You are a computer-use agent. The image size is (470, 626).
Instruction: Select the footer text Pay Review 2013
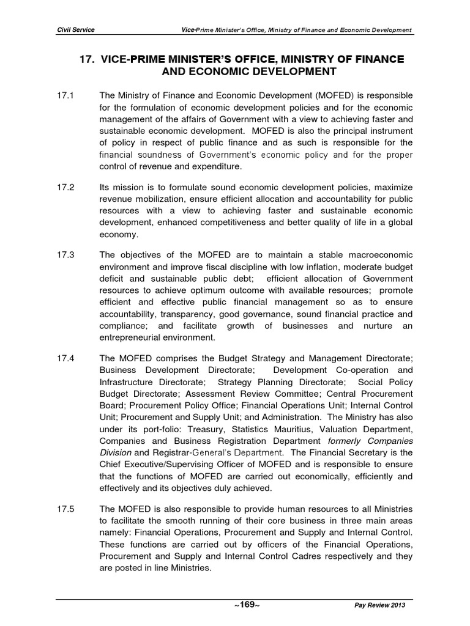379,605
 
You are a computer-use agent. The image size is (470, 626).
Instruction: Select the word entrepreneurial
132,336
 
